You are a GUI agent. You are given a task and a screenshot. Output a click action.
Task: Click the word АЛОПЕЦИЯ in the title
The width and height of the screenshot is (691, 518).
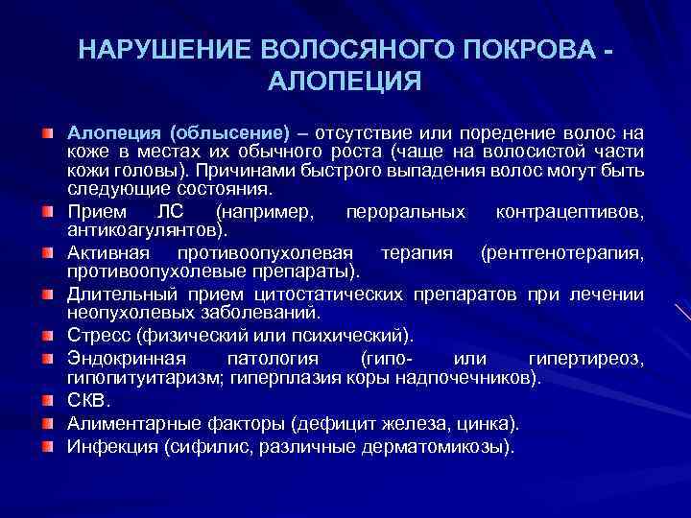345,80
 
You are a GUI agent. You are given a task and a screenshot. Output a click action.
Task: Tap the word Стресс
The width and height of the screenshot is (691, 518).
100,335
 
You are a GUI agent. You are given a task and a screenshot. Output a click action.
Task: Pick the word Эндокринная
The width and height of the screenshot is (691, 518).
120,359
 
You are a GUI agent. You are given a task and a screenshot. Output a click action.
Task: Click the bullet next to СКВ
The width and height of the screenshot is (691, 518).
47,398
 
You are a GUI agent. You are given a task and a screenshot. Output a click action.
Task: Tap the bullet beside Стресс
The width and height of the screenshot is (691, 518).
47,335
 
